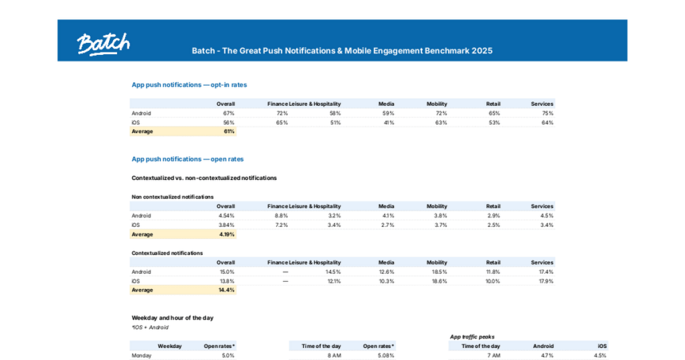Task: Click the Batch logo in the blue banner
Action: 103,43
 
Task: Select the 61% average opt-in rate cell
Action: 229,132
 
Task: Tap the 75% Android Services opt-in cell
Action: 547,113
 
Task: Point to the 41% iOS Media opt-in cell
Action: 388,122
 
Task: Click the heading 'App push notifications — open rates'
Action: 187,159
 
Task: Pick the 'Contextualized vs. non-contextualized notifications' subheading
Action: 204,178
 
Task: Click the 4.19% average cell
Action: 227,235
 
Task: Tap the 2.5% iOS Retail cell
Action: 494,226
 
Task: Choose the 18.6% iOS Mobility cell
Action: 439,282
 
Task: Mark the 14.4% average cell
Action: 227,290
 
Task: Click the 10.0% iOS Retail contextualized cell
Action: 492,282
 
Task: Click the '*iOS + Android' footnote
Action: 151,327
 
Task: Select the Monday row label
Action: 142,355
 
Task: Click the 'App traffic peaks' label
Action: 472,337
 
